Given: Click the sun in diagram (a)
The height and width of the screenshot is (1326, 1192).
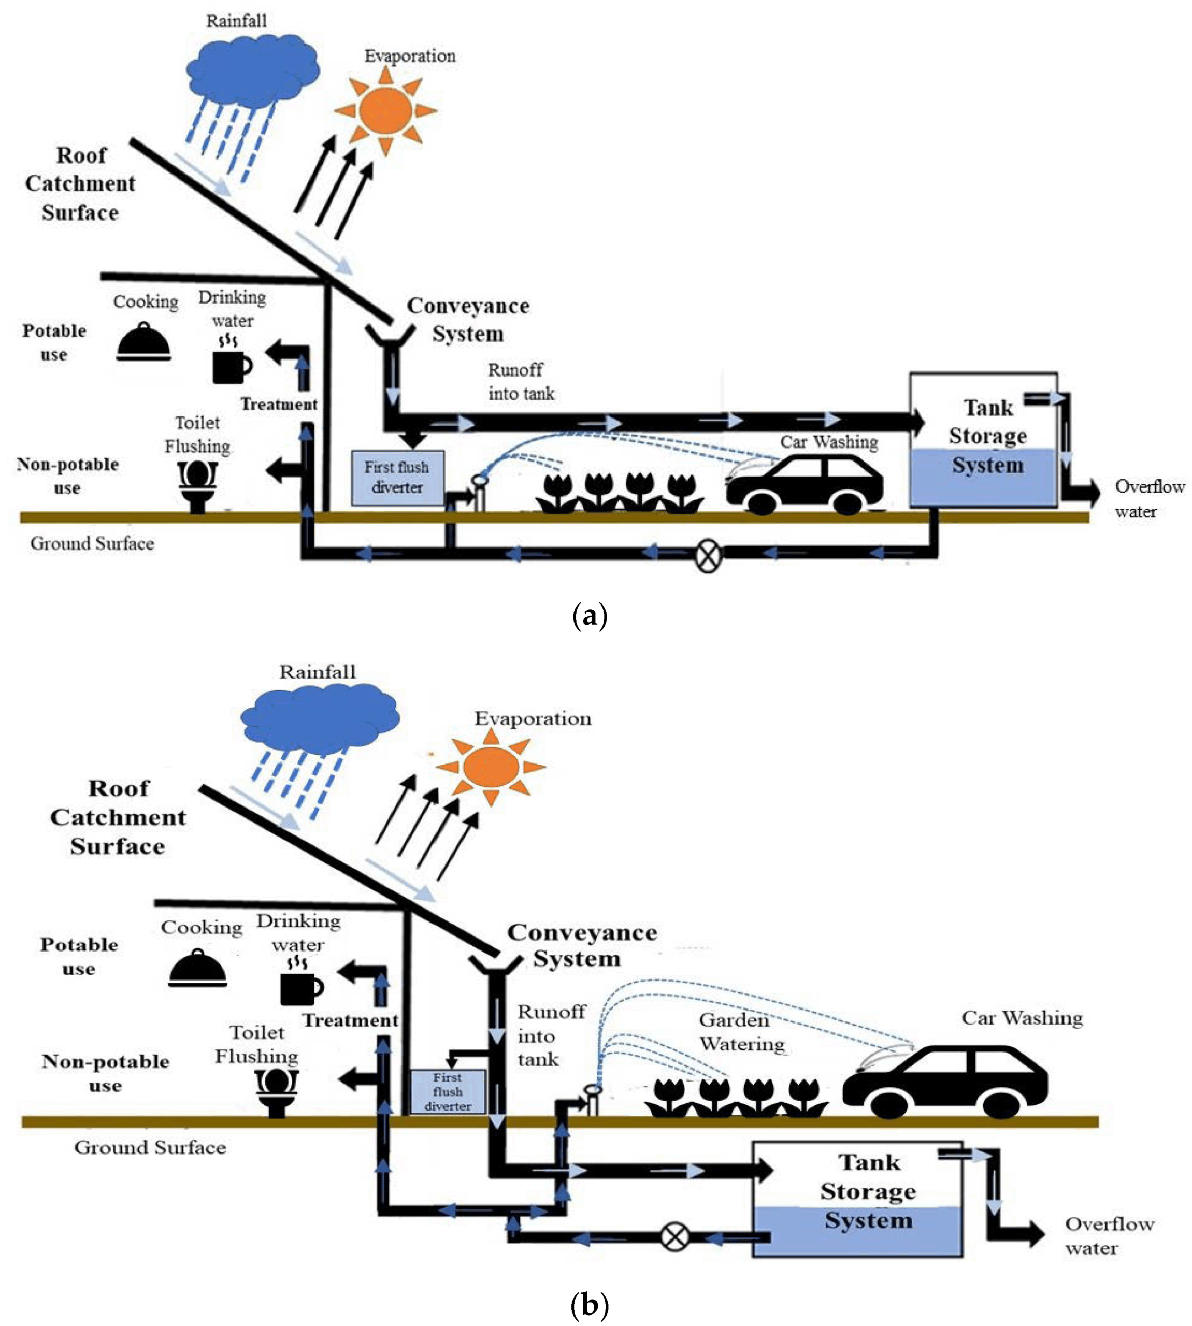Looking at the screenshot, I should [x=385, y=110].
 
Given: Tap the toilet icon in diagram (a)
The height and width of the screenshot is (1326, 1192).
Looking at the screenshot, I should [x=197, y=485].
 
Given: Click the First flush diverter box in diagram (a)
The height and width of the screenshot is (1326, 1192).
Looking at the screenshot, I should [x=397, y=478].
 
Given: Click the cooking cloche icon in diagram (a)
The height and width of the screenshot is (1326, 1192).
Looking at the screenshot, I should [x=144, y=342].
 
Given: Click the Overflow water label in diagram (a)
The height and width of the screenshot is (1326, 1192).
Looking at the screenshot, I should [x=1150, y=498].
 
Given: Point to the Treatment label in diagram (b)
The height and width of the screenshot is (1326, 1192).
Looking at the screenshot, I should [x=350, y=1020].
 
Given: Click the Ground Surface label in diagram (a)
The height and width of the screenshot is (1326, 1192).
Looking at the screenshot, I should [x=92, y=543].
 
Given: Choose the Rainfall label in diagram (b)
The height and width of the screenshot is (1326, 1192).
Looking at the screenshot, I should [x=318, y=672].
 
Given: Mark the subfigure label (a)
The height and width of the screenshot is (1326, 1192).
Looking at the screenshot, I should [x=590, y=617].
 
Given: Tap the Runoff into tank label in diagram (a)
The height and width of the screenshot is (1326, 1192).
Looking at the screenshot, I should [x=521, y=382].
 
